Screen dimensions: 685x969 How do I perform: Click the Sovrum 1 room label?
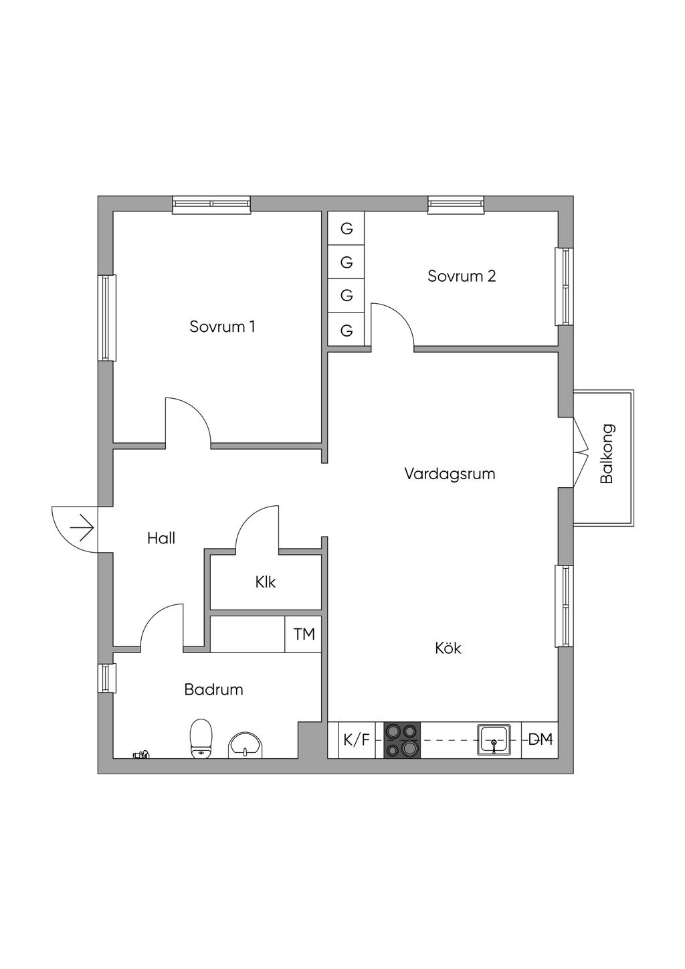[222, 327]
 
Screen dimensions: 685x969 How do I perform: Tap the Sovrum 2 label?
[462, 276]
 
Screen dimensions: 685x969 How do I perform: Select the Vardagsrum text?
[450, 474]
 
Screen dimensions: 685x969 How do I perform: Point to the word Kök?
[448, 648]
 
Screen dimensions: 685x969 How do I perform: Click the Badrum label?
[213, 689]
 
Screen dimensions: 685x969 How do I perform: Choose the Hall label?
[161, 538]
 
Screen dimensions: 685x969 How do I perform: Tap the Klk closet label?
[266, 582]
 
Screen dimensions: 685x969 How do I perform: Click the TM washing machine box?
[304, 634]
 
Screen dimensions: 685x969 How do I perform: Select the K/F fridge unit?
[356, 740]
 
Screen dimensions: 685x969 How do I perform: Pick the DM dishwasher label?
[541, 739]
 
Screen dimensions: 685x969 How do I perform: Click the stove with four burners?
[402, 740]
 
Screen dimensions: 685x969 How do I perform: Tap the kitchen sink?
[494, 740]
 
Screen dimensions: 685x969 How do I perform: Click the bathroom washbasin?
[247, 744]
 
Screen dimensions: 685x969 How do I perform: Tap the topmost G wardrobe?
[347, 229]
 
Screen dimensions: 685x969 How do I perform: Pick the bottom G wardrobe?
[347, 331]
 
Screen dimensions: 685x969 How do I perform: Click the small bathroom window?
[106, 678]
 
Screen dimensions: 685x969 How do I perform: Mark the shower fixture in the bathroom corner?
[141, 755]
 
